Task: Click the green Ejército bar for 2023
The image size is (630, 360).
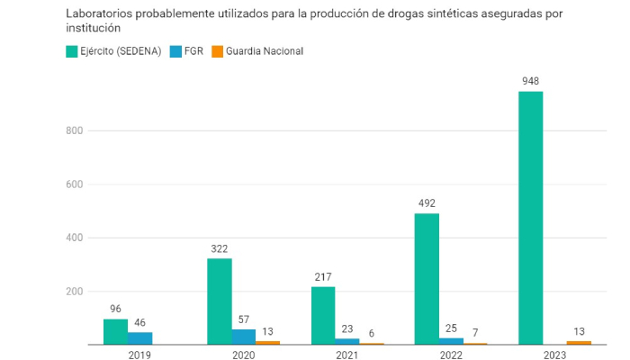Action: pyautogui.click(x=531, y=218)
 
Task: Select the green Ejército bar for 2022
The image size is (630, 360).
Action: pyautogui.click(x=427, y=279)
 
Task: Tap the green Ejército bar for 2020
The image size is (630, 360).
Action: pyautogui.click(x=220, y=301)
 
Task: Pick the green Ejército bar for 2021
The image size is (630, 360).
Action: pyautogui.click(x=323, y=315)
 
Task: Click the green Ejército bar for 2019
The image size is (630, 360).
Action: pyautogui.click(x=115, y=331)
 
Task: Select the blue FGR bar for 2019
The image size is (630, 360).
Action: pyautogui.click(x=139, y=338)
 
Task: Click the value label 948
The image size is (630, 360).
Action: pyautogui.click(x=531, y=82)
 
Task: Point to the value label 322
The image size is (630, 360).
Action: pyautogui.click(x=220, y=248)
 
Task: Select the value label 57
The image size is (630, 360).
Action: pyautogui.click(x=244, y=319)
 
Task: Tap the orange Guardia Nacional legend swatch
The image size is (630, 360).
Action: pyautogui.click(x=217, y=51)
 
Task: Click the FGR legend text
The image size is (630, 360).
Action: pyautogui.click(x=193, y=51)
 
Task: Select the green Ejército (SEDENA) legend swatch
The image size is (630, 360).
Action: pyautogui.click(x=71, y=51)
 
